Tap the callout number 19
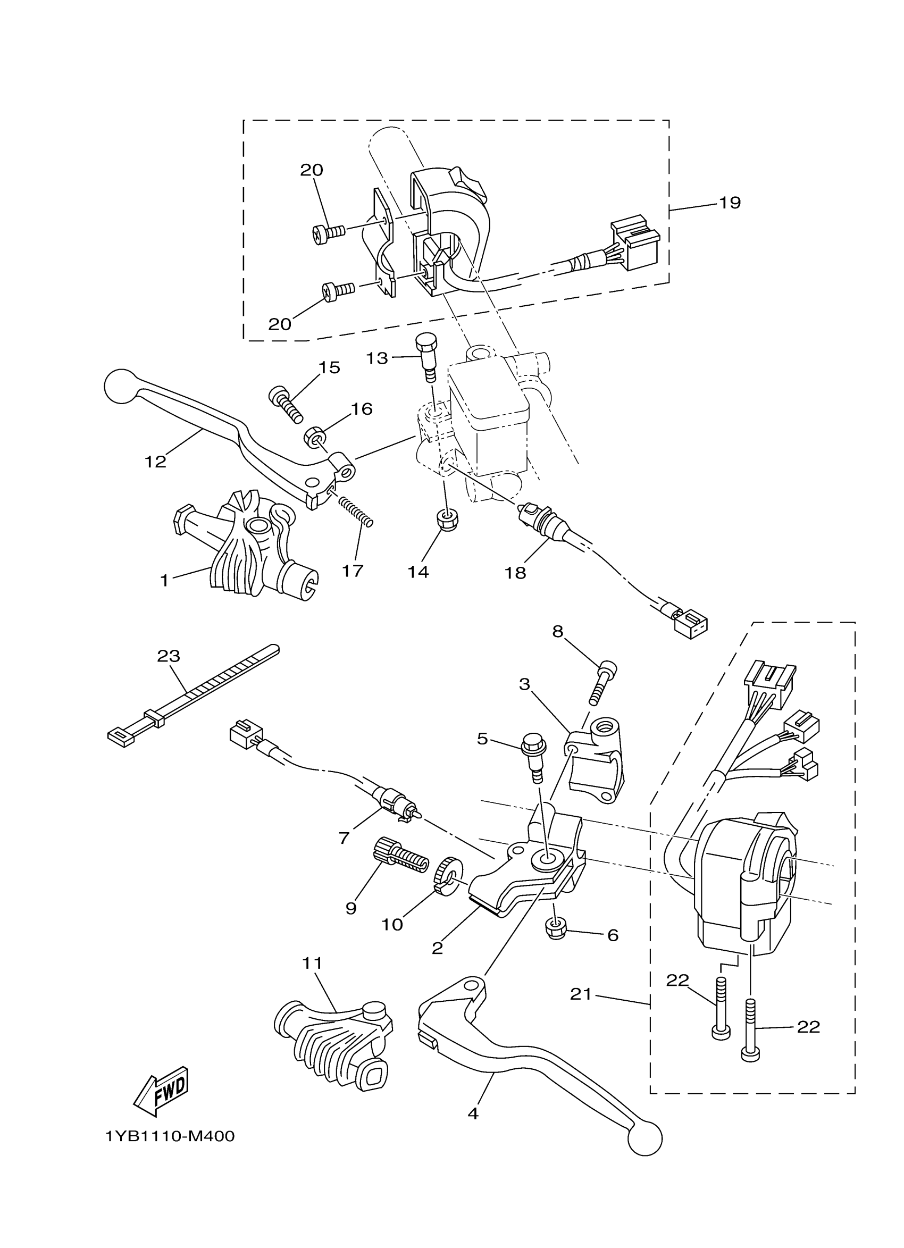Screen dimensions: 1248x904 tap(730, 203)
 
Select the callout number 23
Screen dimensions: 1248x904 tap(169, 656)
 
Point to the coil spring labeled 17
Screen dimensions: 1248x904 tap(355, 511)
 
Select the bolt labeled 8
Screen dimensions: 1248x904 tap(600, 683)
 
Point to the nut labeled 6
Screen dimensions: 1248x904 tap(557, 929)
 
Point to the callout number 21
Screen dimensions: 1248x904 tap(581, 994)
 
